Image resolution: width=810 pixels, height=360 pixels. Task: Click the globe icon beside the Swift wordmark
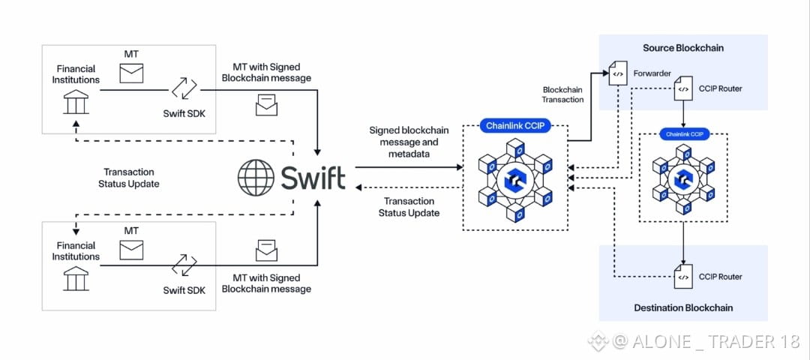point(256,177)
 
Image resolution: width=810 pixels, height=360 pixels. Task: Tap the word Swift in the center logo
point(313,178)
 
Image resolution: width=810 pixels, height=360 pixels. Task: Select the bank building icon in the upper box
point(76,101)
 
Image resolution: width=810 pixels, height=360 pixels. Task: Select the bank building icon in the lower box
point(76,278)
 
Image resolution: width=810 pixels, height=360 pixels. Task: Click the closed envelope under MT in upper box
point(131,73)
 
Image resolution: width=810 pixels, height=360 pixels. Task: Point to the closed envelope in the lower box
point(131,250)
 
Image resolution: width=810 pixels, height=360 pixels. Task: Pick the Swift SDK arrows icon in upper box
point(184,88)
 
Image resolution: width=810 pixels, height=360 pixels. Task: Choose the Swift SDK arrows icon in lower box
point(184,265)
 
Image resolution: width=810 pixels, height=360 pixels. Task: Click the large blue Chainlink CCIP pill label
point(515,125)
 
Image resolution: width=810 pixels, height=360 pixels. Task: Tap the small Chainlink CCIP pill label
point(685,134)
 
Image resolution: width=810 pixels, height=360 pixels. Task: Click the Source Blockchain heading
point(683,48)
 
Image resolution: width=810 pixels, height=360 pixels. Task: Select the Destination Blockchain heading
point(683,307)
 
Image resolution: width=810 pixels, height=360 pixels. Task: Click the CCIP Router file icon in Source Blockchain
point(683,88)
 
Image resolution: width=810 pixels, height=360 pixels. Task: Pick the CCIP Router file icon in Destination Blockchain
point(683,277)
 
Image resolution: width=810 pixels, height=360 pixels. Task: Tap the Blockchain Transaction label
point(563,94)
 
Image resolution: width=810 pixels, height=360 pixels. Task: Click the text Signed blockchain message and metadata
point(409,141)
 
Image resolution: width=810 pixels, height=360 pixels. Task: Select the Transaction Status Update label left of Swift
point(129,178)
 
